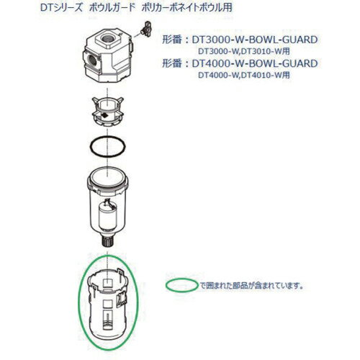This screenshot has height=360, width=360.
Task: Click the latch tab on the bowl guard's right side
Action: coord(131,296)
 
